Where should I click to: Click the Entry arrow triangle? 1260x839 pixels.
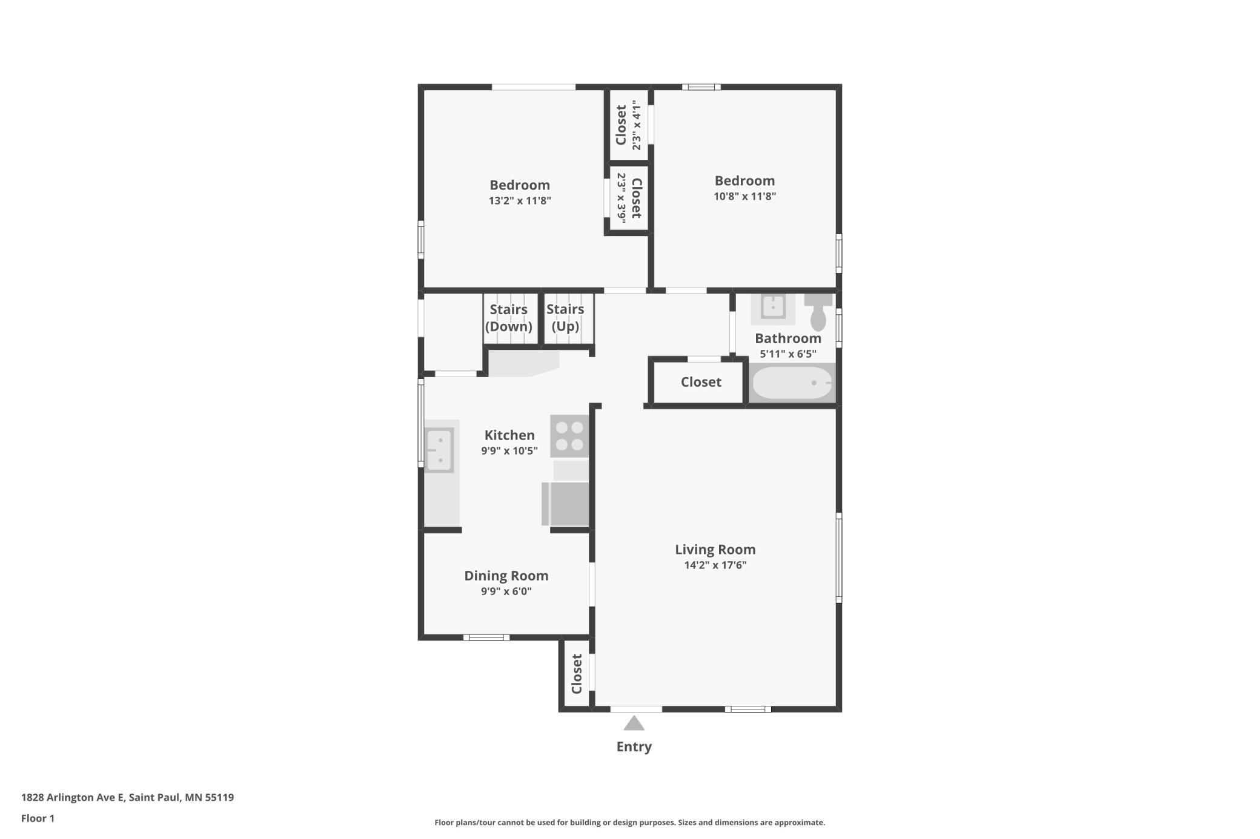(x=634, y=723)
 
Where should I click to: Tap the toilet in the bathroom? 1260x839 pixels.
(x=818, y=312)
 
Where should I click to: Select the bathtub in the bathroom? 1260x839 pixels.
(x=792, y=383)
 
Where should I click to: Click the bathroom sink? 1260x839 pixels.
(x=773, y=307)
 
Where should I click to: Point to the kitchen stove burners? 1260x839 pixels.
(x=569, y=436)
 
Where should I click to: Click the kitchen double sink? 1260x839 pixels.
(x=439, y=450)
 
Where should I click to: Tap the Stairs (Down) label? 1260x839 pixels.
(x=509, y=318)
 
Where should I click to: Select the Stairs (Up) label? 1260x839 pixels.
(x=565, y=318)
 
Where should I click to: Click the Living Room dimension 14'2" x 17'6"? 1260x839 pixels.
(x=715, y=565)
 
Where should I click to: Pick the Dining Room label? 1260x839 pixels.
(x=506, y=576)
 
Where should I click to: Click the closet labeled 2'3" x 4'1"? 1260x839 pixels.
(x=628, y=125)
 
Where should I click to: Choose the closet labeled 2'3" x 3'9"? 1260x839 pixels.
(x=628, y=198)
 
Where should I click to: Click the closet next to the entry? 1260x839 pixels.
(x=576, y=673)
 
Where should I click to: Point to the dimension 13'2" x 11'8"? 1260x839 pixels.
(x=520, y=201)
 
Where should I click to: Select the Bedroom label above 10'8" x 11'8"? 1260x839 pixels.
(x=744, y=180)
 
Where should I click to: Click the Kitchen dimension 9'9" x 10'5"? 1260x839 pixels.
(x=509, y=451)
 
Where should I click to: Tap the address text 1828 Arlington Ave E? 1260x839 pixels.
(x=73, y=797)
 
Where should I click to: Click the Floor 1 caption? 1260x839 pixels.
(x=38, y=818)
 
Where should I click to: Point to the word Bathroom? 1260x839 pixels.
(x=788, y=338)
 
